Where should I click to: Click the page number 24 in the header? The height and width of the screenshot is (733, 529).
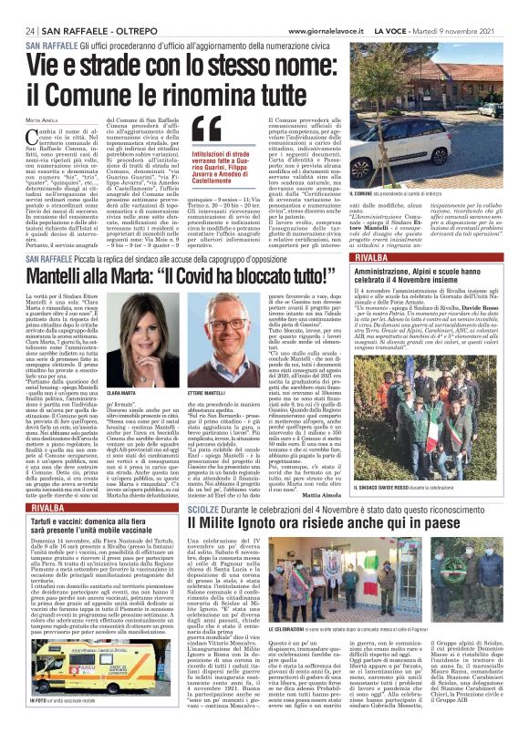pyautogui.click(x=31, y=29)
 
